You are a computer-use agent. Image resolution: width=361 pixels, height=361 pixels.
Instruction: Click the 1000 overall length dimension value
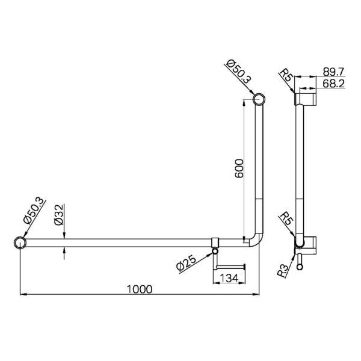(x=140, y=288)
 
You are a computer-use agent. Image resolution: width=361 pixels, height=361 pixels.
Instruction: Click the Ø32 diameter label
(x=58, y=215)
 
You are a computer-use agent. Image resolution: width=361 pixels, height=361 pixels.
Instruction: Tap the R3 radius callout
(x=283, y=268)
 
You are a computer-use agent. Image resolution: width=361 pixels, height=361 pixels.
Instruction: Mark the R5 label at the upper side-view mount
(x=286, y=76)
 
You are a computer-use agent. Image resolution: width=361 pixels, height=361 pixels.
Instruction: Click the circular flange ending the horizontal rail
(x=20, y=243)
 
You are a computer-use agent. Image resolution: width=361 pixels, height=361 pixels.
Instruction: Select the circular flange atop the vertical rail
(x=259, y=99)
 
